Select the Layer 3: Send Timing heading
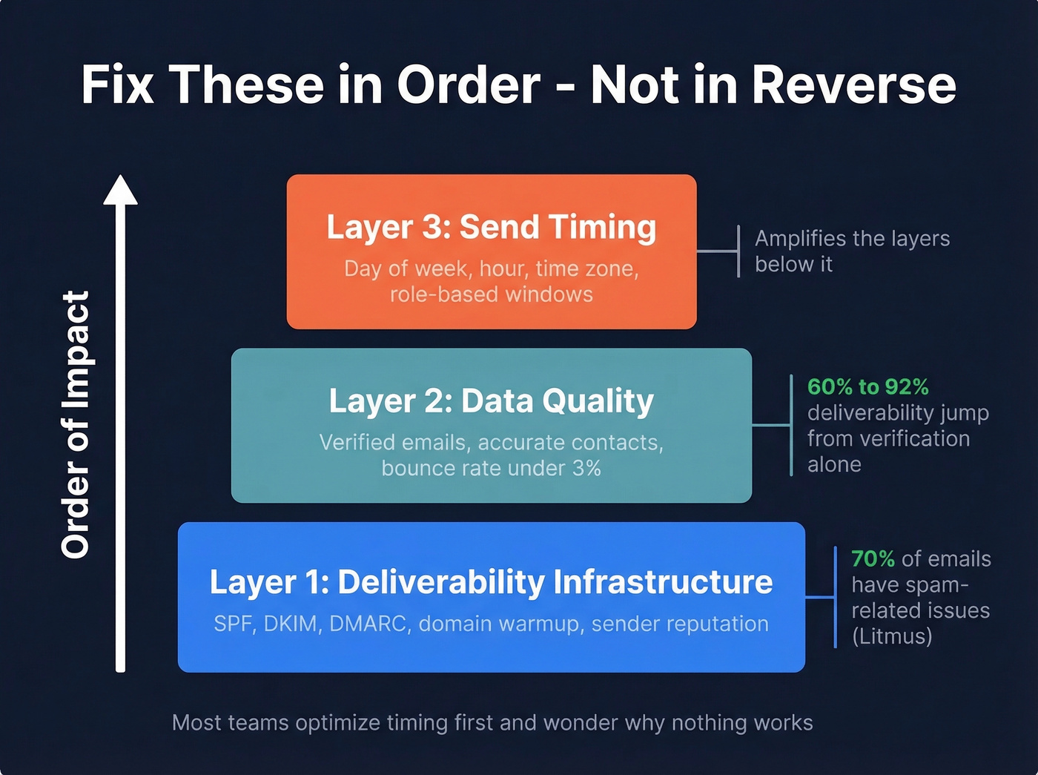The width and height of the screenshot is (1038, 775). tap(491, 227)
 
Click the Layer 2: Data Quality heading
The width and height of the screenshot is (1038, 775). tap(491, 401)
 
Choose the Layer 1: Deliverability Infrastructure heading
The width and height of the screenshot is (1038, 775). tap(491, 582)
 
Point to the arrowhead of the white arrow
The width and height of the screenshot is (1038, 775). tap(120, 191)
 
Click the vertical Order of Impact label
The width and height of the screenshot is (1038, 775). tap(76, 424)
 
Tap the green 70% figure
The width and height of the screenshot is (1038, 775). tap(873, 558)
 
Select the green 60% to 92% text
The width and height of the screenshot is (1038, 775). tap(867, 386)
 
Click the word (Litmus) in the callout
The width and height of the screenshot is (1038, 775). tap(892, 636)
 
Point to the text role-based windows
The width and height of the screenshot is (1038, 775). tap(491, 294)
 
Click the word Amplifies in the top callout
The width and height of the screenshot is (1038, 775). tap(798, 239)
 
